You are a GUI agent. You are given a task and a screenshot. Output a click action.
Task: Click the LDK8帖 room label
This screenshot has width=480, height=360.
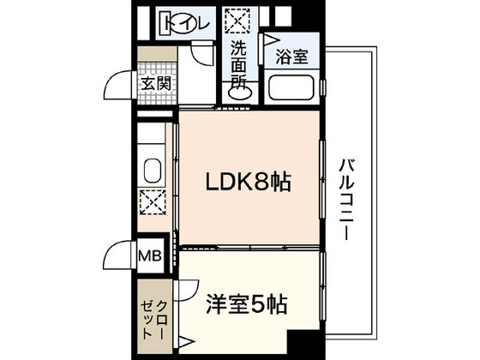pos(248,182)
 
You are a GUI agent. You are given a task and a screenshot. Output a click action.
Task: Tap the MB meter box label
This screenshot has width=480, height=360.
pos(149,255)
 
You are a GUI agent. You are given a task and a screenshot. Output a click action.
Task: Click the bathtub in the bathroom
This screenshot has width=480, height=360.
pos(291,87)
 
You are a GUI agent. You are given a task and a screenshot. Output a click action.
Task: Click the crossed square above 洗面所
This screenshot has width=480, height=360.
pos(236,19)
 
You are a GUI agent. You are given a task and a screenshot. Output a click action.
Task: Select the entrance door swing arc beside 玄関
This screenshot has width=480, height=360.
pos(119,87)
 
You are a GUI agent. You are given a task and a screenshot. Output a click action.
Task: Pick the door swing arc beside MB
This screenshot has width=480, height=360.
pos(119,255)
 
